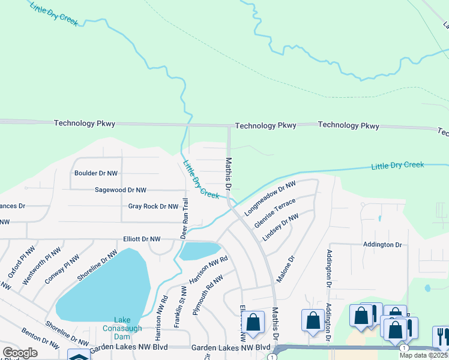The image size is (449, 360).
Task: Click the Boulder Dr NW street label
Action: (96, 173)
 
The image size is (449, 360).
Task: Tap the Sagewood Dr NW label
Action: (121, 190)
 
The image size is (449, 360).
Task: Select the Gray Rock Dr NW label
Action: (153, 206)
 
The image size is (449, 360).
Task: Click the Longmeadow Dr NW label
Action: (271, 199)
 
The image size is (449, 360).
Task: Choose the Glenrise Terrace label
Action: (276, 214)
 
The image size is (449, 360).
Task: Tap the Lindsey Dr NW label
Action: (280, 227)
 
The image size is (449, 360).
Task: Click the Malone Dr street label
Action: (286, 270)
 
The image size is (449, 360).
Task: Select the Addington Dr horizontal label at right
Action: (382, 245)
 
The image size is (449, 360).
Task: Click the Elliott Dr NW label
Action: (142, 239)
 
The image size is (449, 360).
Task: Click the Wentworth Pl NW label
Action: (49, 265)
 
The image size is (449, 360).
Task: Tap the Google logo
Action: (20, 352)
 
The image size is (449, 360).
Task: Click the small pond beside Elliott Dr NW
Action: (199, 250)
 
